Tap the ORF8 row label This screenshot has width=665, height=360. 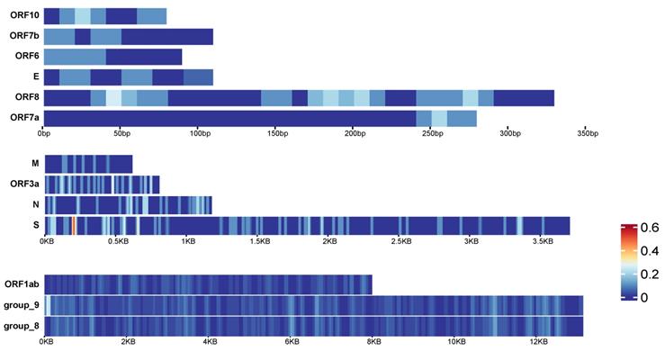24,98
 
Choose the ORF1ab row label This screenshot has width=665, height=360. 20,284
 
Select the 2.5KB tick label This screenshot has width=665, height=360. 400,241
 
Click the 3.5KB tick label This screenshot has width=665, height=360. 542,241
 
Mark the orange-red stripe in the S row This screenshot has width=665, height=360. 73,225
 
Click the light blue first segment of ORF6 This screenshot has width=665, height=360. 75,57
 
